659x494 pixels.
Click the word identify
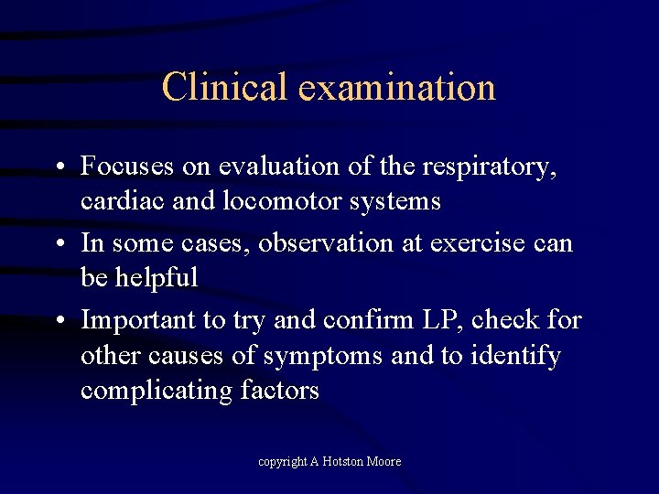tap(515, 356)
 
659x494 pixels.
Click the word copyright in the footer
tap(282, 462)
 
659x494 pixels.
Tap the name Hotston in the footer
tap(345, 462)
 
